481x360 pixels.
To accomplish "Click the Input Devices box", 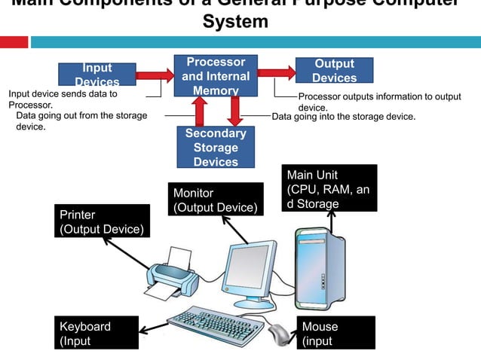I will (x=97, y=75).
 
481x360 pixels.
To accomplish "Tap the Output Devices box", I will (x=334, y=70).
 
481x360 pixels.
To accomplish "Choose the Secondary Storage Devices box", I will (x=216, y=148).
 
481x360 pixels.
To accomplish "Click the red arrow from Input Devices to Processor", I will (x=154, y=75).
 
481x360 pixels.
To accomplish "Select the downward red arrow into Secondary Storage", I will (x=234, y=111).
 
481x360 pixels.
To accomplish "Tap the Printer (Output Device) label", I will (x=102, y=222).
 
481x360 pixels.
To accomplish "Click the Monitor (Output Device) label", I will (x=216, y=200).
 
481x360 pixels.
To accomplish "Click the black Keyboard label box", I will (x=97, y=334).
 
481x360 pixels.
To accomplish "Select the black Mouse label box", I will (x=336, y=334).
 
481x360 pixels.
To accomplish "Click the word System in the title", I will (x=235, y=22).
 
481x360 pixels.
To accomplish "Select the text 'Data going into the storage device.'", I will (x=343, y=117).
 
